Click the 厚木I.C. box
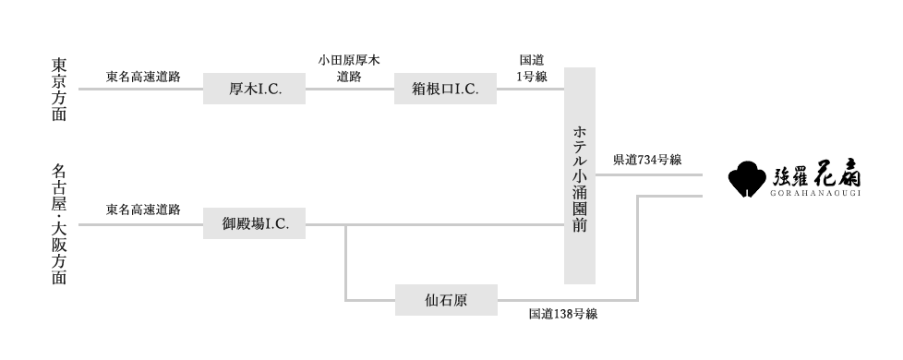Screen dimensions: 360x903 [254, 89]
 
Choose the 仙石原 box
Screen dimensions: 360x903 [446, 299]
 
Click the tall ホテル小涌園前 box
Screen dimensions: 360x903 [580, 175]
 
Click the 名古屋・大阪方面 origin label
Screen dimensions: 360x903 [59, 224]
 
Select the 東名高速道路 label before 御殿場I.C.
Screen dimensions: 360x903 [143, 210]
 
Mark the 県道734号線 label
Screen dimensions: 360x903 [647, 160]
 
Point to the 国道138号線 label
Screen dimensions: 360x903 [563, 314]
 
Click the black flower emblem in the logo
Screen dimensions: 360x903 [748, 180]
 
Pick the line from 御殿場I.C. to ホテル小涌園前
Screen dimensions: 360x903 [434, 224]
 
